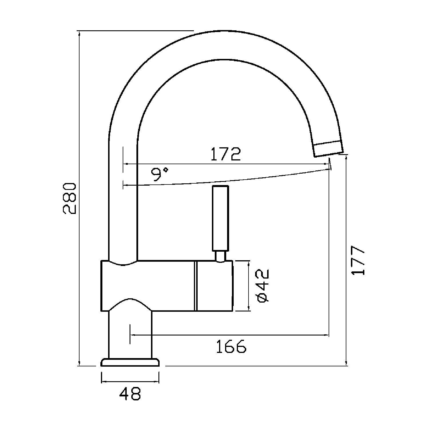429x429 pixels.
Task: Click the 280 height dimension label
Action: coord(69,198)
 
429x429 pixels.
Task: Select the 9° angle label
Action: coord(160,174)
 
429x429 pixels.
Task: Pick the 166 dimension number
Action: coord(231,346)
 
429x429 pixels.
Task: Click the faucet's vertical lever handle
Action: coord(220,218)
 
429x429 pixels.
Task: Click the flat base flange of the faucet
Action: coord(130,362)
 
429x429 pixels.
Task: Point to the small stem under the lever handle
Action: coord(221,256)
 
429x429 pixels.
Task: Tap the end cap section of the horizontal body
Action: coord(214,286)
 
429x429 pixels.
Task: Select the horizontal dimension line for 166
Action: coord(229,335)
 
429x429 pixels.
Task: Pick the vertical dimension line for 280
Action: coord(79,198)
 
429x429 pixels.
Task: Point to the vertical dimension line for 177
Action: coord(347,260)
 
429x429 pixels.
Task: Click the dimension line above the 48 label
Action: coord(130,381)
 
